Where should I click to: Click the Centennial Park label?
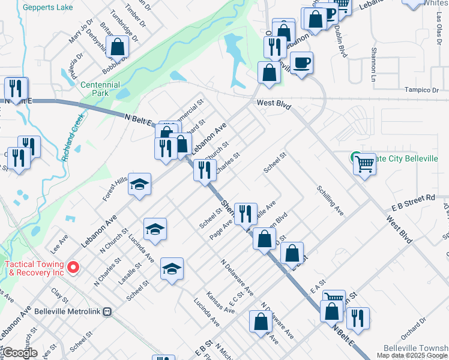(x=100, y=89)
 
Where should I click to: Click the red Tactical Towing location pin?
(x=74, y=267)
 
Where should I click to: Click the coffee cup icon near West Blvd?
(x=302, y=62)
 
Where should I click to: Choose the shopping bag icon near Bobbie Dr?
(x=119, y=47)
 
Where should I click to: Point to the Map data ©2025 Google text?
(x=412, y=355)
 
